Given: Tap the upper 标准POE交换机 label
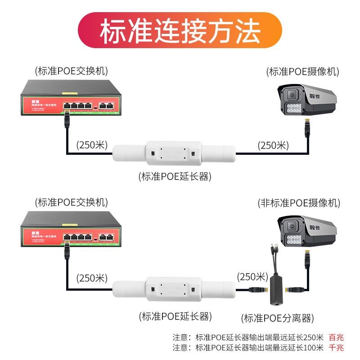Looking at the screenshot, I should coord(72,71).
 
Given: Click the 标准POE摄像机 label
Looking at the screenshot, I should coord(302,71).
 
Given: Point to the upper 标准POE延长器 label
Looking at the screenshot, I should coord(175,176).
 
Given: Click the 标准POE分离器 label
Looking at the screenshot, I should coord(277,318).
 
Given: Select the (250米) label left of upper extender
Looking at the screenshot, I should coord(92,145).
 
